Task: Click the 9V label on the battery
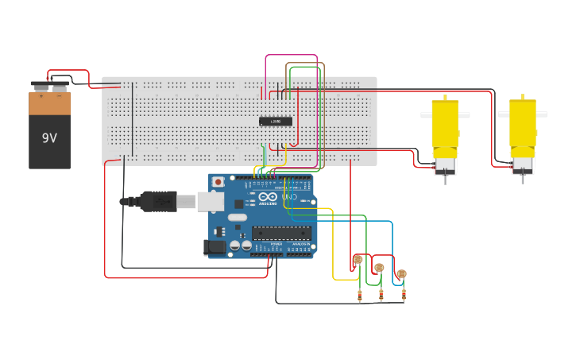click(x=49, y=137)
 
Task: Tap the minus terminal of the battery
click(x=39, y=85)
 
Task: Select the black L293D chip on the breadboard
click(x=276, y=122)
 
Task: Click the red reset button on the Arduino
click(x=218, y=182)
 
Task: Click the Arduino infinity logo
click(x=268, y=196)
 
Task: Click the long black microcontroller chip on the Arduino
click(x=281, y=233)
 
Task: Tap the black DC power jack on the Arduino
click(x=214, y=247)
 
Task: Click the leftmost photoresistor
click(x=358, y=260)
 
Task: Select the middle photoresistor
click(x=379, y=268)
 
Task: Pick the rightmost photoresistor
click(x=401, y=274)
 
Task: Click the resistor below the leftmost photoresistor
click(x=359, y=296)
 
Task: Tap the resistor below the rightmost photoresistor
click(x=404, y=296)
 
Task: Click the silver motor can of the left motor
click(x=445, y=166)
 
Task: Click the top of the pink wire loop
click(x=279, y=56)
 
